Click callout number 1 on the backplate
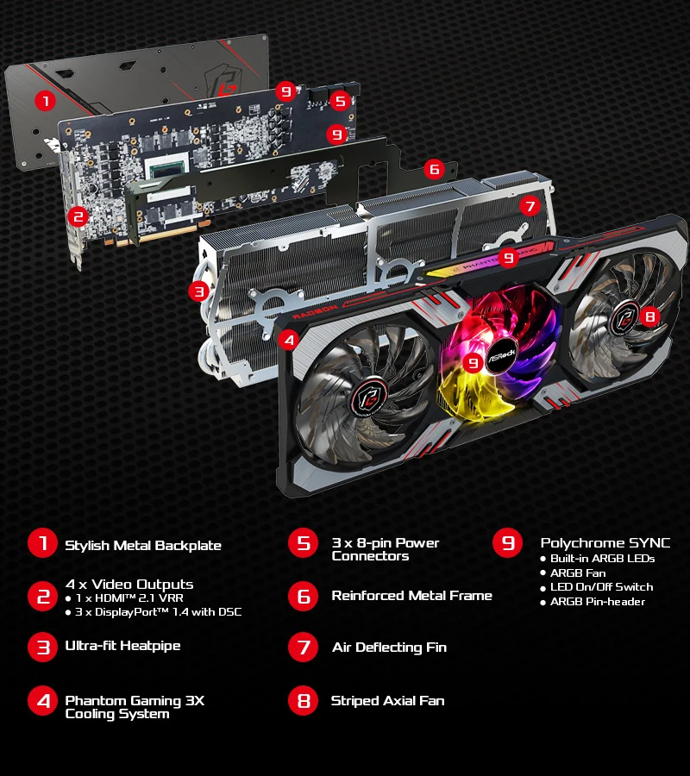[x=45, y=102]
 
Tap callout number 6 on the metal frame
[x=435, y=169]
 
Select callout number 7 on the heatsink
[x=530, y=206]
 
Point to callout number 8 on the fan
[x=650, y=316]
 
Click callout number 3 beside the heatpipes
[x=199, y=291]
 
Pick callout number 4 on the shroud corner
[x=289, y=340]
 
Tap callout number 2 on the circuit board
[x=78, y=216]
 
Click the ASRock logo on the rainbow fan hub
[x=501, y=354]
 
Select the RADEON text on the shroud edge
[x=315, y=312]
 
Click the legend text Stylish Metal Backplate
[x=143, y=546]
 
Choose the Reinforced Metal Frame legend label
[x=411, y=595]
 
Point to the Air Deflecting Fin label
[x=390, y=648]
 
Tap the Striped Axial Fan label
[x=387, y=701]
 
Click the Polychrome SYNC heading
[x=605, y=543]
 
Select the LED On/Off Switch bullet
[x=597, y=587]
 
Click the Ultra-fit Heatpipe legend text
[x=122, y=646]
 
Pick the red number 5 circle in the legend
[x=303, y=543]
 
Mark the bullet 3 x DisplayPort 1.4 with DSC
[x=154, y=612]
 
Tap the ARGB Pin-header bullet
[x=593, y=602]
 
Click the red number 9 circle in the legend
[x=507, y=543]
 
